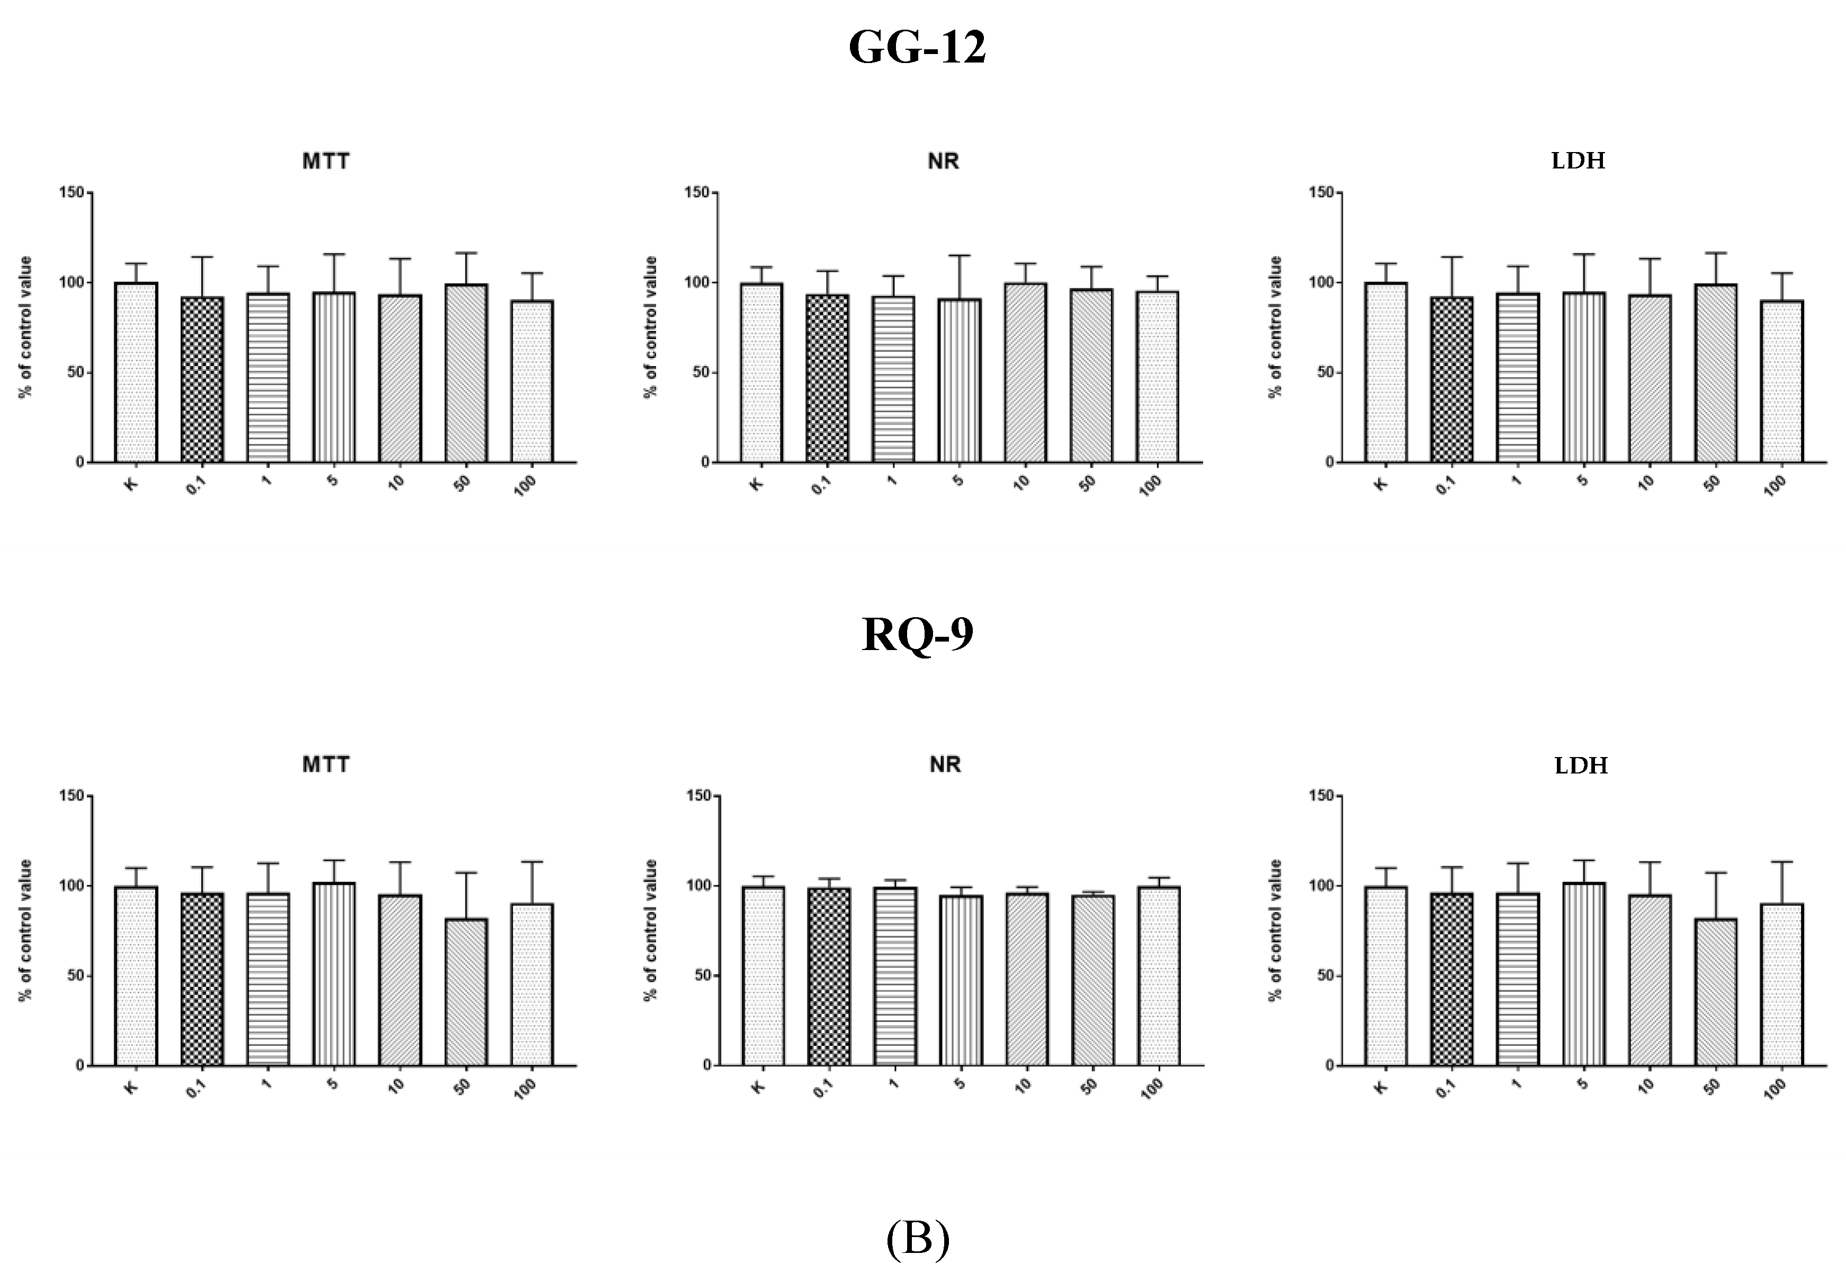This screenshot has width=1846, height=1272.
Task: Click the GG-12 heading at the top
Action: pyautogui.click(x=917, y=48)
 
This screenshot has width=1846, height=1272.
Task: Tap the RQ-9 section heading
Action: pyautogui.click(x=917, y=635)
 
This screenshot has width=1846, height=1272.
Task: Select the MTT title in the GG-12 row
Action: pyautogui.click(x=326, y=162)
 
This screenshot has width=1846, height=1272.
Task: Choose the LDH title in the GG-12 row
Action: pyautogui.click(x=1578, y=162)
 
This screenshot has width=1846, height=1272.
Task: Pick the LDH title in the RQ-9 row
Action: pyautogui.click(x=1581, y=766)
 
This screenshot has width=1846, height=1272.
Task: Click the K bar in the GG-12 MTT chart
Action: pyautogui.click(x=136, y=372)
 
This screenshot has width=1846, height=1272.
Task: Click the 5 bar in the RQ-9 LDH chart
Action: pyautogui.click(x=1584, y=974)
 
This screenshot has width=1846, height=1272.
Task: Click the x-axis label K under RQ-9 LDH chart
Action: pyautogui.click(x=1382, y=1086)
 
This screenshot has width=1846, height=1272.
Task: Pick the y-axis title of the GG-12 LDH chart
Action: pyautogui.click(x=1276, y=327)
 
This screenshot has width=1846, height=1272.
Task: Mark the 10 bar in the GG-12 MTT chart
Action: pyautogui.click(x=400, y=379)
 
